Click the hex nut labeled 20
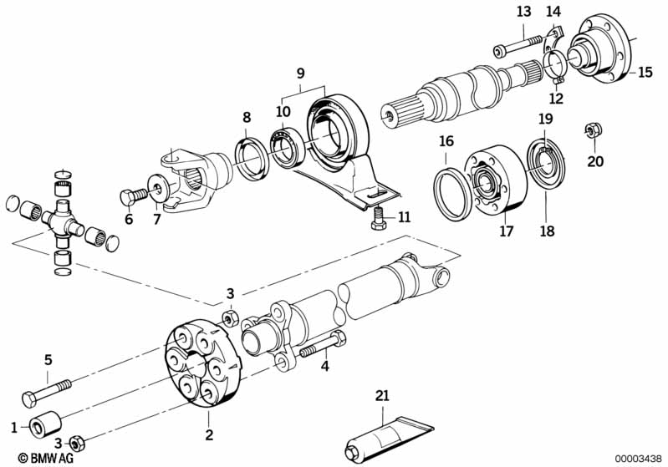pos(593,131)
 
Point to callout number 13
pos(523,12)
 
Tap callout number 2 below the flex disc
pos(209,434)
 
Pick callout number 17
pos(507,231)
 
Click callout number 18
pos(547,231)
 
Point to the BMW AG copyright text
pos(30,458)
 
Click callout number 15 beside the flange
pos(645,72)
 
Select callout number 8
pos(247,119)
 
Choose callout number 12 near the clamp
pos(556,98)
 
